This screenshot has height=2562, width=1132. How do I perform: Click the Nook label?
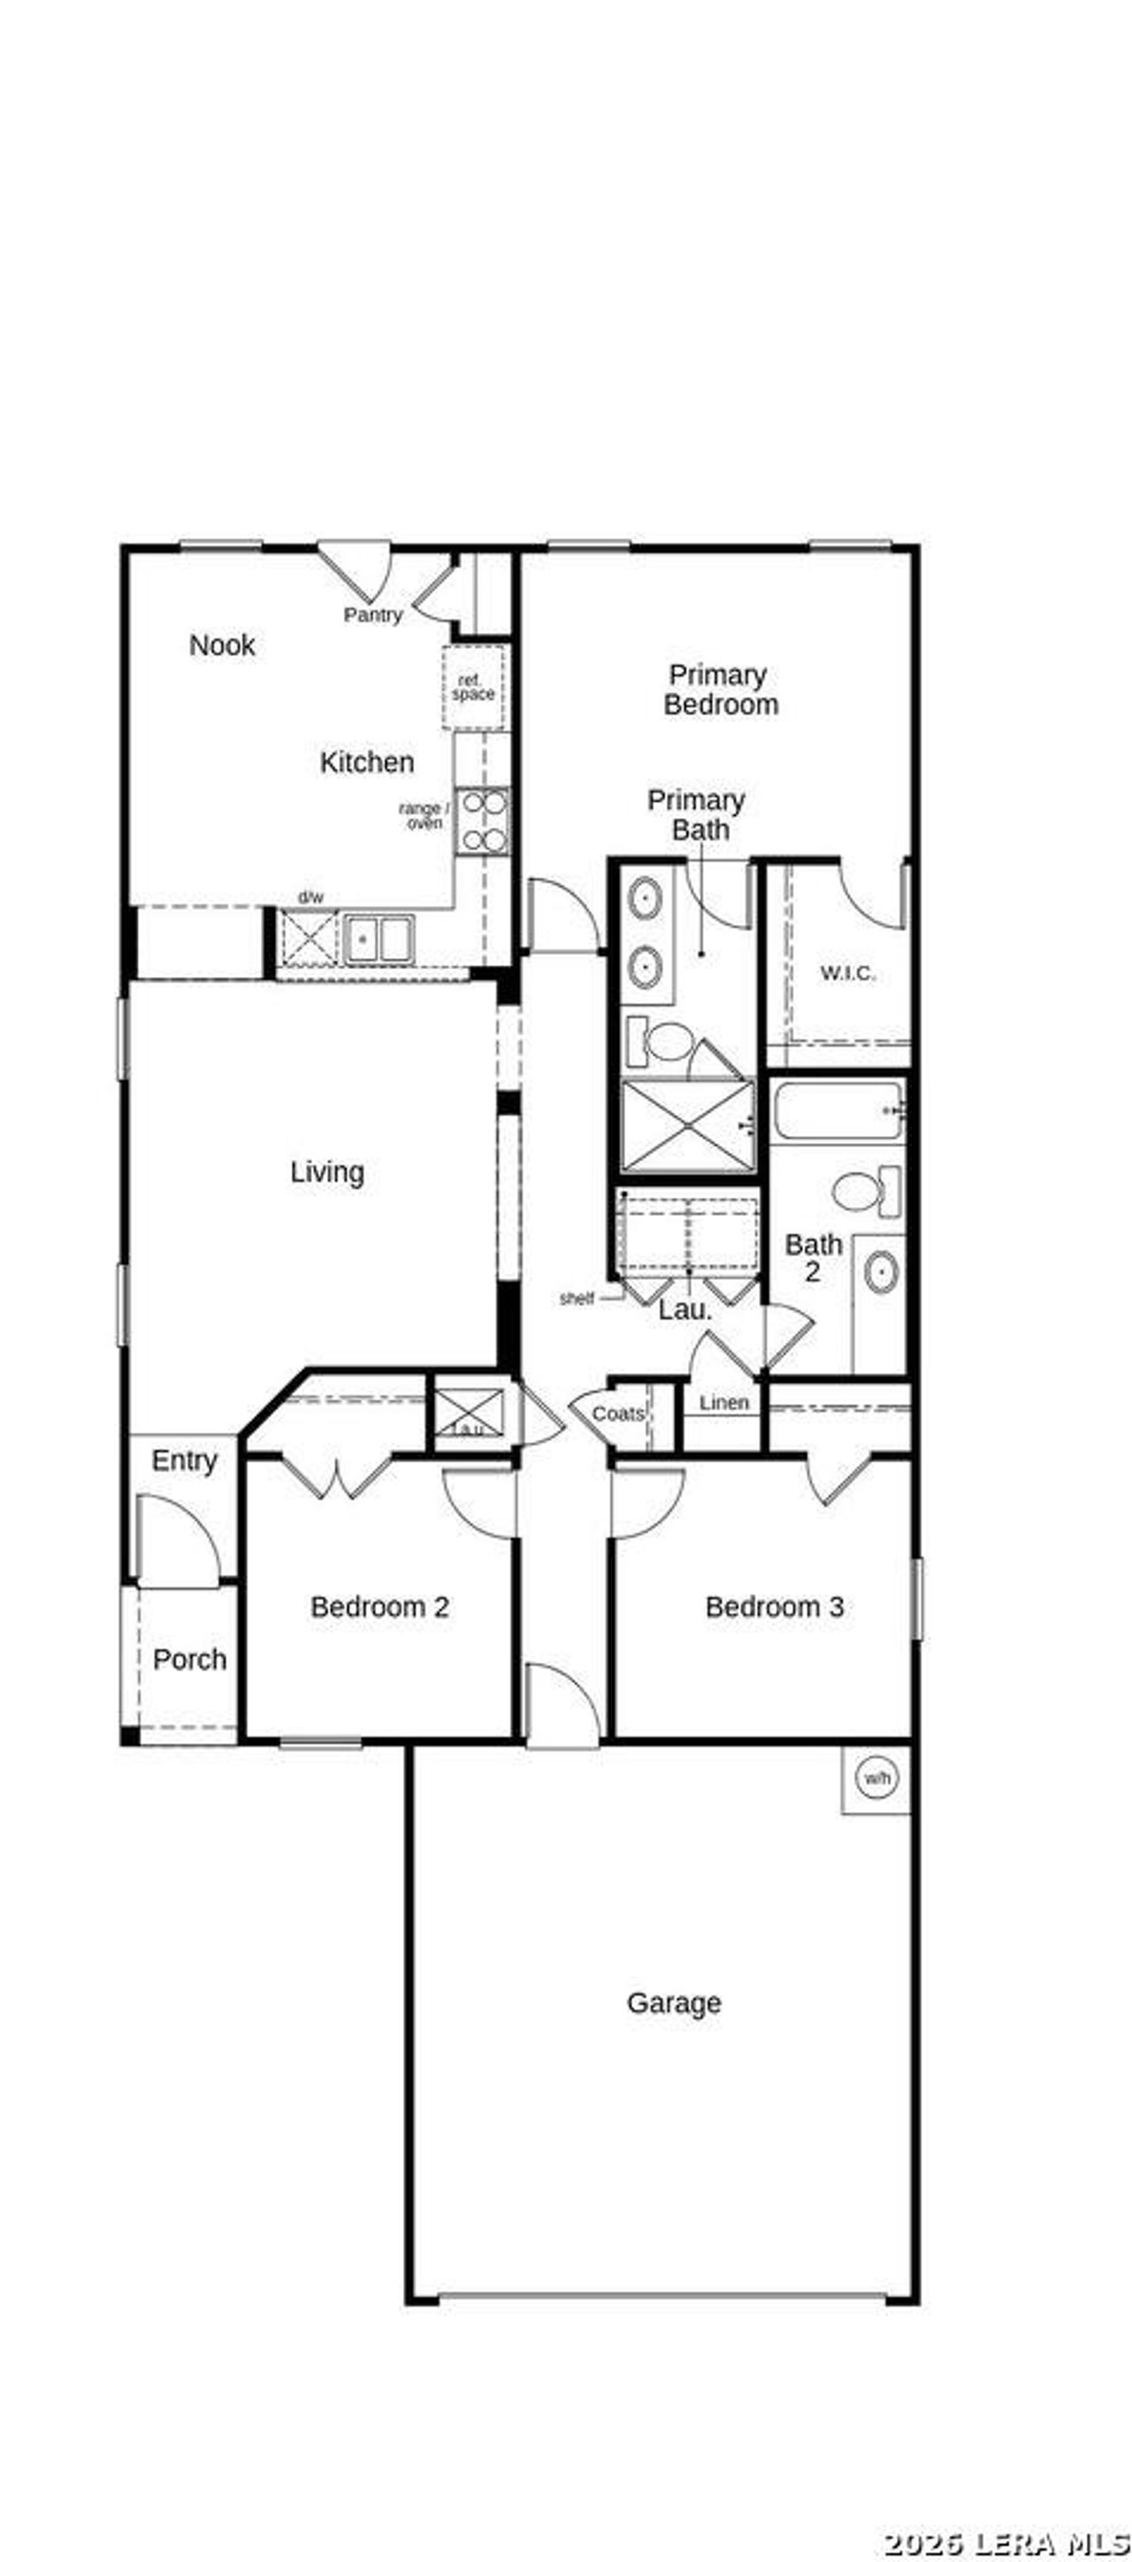pos(222,644)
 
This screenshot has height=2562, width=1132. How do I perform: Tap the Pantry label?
pos(373,614)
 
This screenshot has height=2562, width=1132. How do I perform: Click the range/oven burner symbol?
pos(484,820)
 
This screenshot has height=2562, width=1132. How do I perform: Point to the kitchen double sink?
pos(378,938)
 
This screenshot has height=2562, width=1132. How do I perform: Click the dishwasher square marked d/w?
pos(309,938)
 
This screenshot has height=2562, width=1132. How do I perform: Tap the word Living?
pos(327,1171)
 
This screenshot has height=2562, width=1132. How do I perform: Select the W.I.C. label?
pos(847,972)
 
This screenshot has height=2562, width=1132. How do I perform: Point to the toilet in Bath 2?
pos(863,1191)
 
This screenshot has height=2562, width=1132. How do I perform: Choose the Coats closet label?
pos(617,1414)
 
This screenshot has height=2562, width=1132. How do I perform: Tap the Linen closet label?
pos(723,1402)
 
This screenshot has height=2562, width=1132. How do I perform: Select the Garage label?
pos(673,2002)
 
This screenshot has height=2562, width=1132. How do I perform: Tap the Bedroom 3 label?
pos(774,1606)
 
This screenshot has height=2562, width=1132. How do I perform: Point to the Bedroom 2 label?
pos(379,1606)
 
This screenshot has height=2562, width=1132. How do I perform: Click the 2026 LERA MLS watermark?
pos(1005,2543)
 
